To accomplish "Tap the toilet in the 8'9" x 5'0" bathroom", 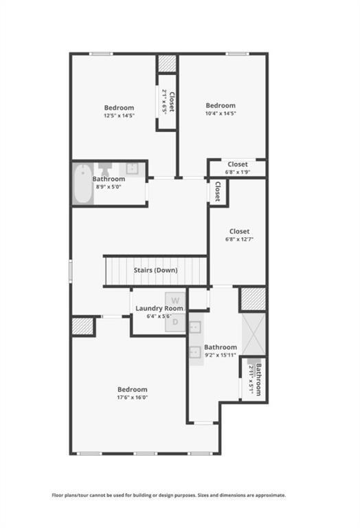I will coord(105,169).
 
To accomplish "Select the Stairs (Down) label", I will coord(155,270).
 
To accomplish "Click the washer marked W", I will coord(175,300).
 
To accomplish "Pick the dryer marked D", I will coord(175,322).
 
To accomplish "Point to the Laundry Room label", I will coord(159,309).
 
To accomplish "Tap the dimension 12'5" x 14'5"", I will coord(119,115).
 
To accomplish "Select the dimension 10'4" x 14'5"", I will coord(221,113).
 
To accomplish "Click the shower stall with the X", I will coord(254,333).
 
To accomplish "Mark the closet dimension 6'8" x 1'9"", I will coord(238,172).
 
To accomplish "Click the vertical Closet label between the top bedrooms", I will coord(172,101).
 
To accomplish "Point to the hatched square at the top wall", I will coord(167,64).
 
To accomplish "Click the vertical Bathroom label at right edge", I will coord(258,379).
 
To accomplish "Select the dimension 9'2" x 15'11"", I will coord(220,355).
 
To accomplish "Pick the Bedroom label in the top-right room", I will coord(221,106).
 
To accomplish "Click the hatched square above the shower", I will coord(252,299).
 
